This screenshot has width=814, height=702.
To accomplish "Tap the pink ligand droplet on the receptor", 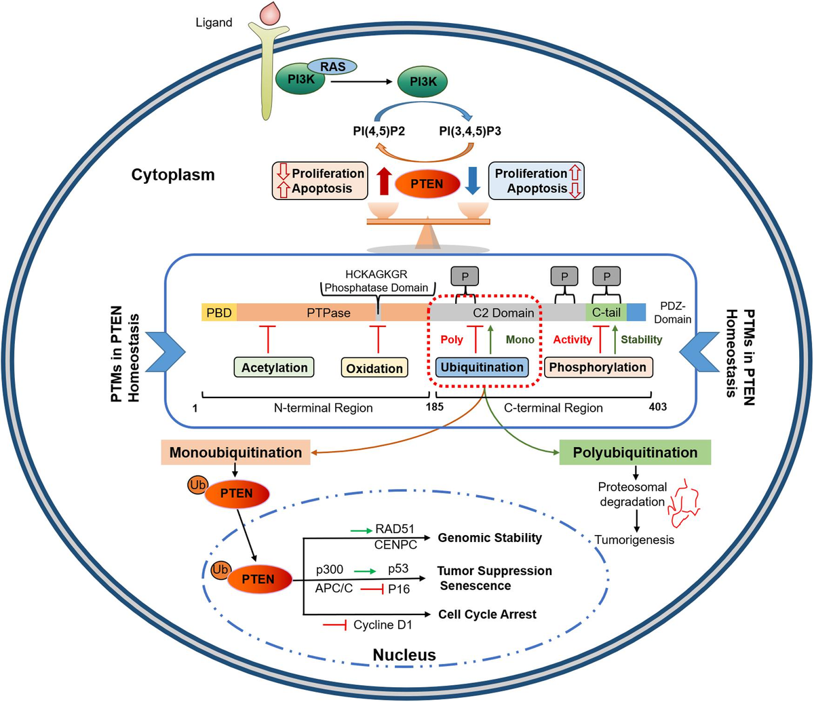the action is [x=270, y=14].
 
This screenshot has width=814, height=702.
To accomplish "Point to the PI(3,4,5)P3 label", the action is [x=470, y=131].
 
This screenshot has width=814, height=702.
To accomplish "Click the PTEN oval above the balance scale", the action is [x=427, y=184].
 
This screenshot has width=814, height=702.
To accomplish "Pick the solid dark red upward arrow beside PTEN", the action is [x=384, y=180].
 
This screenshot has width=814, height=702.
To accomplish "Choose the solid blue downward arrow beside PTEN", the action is [x=473, y=180].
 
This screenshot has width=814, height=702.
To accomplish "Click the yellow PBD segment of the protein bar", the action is [x=219, y=312].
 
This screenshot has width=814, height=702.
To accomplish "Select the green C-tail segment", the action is [x=606, y=312].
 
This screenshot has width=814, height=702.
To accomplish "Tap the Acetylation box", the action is [x=274, y=368].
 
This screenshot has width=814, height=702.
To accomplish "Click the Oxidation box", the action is [x=374, y=368].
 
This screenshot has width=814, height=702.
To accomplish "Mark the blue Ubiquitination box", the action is [x=482, y=367].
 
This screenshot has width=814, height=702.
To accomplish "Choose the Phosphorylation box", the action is [x=598, y=367].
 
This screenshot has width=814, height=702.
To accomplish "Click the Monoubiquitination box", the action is [x=235, y=452].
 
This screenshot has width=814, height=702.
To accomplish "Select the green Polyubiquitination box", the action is [x=635, y=452].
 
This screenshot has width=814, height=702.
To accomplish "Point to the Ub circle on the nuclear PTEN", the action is [x=220, y=570].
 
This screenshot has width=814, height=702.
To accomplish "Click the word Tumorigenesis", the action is [x=634, y=539].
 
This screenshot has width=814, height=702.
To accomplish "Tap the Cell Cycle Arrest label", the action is [x=487, y=614].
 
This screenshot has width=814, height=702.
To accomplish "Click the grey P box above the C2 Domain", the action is [x=465, y=276].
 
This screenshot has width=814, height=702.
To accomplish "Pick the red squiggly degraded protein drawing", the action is [x=684, y=503].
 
